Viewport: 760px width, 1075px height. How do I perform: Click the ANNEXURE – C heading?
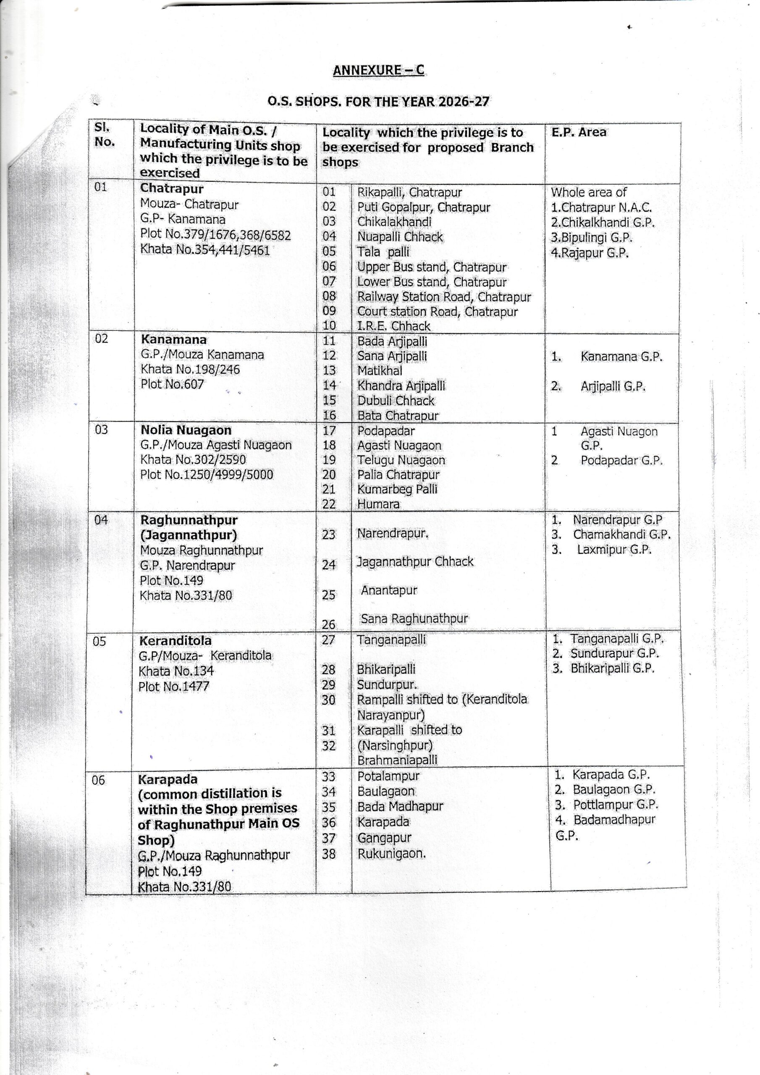(x=378, y=70)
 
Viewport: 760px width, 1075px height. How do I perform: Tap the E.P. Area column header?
(x=578, y=133)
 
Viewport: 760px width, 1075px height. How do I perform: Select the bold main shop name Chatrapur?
(x=171, y=189)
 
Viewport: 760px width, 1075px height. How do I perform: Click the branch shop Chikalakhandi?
(x=394, y=222)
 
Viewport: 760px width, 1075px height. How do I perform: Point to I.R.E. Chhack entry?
(x=393, y=326)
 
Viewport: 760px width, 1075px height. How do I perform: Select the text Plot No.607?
(x=172, y=384)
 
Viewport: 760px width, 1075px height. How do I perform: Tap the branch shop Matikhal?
(x=380, y=371)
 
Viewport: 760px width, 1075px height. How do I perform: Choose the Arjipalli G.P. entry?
(x=613, y=386)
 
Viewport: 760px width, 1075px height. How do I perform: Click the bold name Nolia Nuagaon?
(x=186, y=430)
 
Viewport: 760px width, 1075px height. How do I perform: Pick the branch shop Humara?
(x=378, y=504)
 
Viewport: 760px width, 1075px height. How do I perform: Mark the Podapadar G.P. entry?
(x=621, y=460)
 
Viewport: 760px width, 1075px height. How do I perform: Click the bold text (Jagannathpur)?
(x=189, y=535)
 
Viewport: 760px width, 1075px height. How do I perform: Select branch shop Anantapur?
(x=389, y=590)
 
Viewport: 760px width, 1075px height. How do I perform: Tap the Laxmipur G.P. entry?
(x=614, y=550)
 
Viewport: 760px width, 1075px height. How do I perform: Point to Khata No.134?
(x=176, y=671)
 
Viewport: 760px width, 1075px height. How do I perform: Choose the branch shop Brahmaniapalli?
(x=397, y=760)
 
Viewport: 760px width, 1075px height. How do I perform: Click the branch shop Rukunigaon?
(x=391, y=854)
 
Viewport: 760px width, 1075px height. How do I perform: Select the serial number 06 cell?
(x=98, y=781)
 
